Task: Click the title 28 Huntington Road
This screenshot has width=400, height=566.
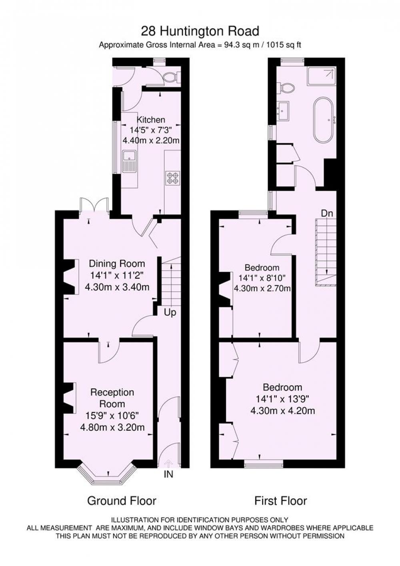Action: pos(200,32)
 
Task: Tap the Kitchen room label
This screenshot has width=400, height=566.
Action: pos(151,120)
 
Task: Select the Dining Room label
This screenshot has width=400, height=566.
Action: pos(117,264)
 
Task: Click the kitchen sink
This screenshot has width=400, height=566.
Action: pos(130,161)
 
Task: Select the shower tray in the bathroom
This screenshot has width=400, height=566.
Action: pos(322,76)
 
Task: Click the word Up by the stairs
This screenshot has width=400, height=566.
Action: pos(170,313)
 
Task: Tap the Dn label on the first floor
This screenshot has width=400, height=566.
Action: pos(327,214)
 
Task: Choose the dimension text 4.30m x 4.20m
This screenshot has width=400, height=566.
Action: pos(283,411)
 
